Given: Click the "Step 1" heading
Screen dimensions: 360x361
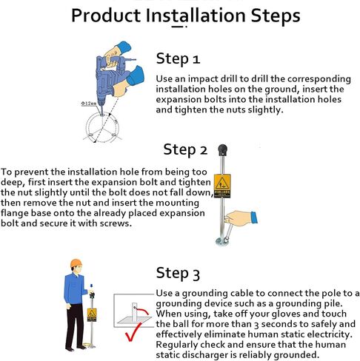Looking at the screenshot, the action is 178,59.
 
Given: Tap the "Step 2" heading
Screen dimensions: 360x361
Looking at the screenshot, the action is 185,150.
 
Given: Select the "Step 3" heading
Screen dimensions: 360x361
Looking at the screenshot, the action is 178,273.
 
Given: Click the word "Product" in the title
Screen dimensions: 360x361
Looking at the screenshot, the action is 106,16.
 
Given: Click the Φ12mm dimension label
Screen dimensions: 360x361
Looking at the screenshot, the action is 89,104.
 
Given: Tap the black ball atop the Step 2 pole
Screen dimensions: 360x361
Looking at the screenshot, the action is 222,150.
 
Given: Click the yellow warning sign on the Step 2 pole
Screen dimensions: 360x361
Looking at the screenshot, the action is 222,186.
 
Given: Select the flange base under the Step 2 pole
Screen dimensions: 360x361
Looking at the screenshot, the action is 222,242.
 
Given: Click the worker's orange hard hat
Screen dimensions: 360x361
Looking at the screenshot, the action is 76,263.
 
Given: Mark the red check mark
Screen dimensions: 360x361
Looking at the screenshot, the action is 133,331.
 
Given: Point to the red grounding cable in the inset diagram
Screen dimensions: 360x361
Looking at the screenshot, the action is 143,311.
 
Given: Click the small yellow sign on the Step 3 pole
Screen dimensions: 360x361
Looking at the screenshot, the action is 92,315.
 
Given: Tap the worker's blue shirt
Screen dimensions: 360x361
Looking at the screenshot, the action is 74,289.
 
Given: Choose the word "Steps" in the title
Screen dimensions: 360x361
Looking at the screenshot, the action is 276,16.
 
